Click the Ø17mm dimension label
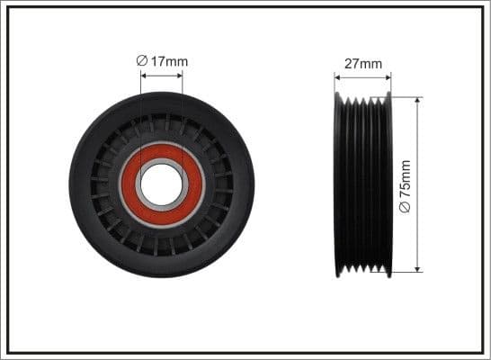162,60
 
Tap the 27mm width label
363,64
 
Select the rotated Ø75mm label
405,186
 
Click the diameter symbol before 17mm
142,60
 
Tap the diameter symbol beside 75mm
405,207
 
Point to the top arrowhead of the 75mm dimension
417,100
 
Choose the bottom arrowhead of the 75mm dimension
417,268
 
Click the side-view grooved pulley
363,184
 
